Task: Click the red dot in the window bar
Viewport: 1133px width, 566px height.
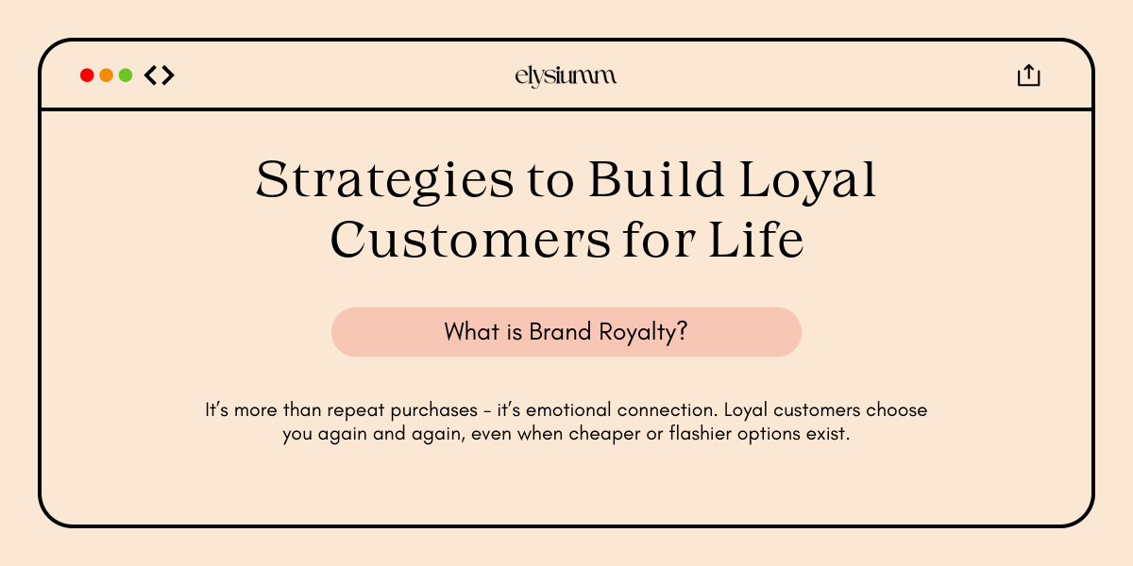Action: point(87,75)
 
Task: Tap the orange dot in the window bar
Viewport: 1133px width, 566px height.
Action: point(106,75)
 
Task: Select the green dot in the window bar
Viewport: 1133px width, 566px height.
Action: point(125,75)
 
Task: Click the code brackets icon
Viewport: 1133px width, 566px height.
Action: point(159,75)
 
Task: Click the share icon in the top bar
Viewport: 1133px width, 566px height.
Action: point(1028,75)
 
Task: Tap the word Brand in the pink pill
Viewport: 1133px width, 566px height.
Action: point(561,332)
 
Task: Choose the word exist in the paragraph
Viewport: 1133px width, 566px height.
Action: point(830,438)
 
